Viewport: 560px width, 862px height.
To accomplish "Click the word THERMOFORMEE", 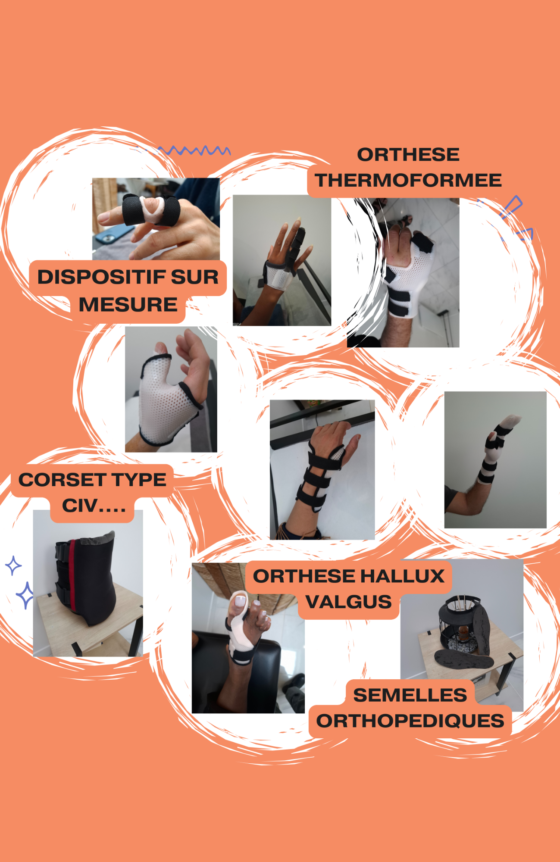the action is (408, 180).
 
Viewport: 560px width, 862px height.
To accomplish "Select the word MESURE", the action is (128, 304).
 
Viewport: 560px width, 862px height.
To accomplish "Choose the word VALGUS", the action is (348, 602).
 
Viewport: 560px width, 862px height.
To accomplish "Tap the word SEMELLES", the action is (410, 695).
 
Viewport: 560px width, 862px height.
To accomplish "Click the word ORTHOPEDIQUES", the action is (410, 721).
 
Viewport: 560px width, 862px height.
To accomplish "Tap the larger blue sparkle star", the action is (25, 595).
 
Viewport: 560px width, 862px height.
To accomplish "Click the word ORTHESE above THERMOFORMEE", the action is (408, 155).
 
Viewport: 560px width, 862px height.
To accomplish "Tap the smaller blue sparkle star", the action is (13, 565).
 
